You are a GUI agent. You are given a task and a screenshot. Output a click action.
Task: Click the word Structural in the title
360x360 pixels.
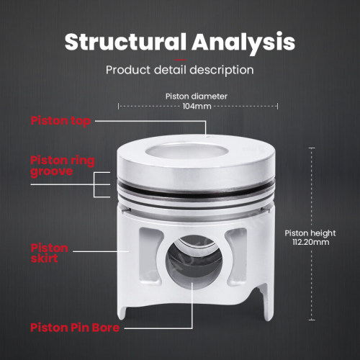click(x=125, y=42)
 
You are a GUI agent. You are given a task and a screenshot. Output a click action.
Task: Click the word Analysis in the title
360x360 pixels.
click(x=243, y=43)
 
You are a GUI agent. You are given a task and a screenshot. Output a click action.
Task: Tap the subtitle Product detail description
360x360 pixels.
click(x=180, y=70)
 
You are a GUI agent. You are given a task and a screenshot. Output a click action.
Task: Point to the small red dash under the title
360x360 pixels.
click(x=180, y=60)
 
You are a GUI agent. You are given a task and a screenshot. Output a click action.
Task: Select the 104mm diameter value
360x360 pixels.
click(x=197, y=106)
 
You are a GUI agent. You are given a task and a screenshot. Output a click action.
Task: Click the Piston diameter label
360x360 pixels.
click(x=197, y=96)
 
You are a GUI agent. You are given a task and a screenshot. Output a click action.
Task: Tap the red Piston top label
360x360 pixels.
click(x=60, y=121)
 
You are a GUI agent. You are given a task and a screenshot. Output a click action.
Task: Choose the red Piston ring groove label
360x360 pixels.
click(x=63, y=166)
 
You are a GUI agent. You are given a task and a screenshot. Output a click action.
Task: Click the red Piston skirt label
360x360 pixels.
click(x=49, y=253)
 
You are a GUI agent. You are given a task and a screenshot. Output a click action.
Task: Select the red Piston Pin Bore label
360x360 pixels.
click(x=75, y=328)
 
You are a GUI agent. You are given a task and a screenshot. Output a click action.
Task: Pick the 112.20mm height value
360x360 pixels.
click(x=311, y=242)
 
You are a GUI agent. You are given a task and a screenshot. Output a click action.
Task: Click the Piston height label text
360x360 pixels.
click(x=310, y=233)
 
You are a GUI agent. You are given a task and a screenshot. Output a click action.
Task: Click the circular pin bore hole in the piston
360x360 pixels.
click(x=194, y=261)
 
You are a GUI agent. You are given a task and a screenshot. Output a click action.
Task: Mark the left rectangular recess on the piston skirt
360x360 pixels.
click(x=150, y=256)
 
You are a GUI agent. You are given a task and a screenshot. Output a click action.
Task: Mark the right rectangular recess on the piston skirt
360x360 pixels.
click(x=236, y=257)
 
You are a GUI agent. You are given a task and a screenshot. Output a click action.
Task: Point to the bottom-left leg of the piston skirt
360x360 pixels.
click(x=122, y=311)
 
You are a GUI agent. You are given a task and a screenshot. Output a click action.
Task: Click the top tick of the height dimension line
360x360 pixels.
click(x=312, y=148)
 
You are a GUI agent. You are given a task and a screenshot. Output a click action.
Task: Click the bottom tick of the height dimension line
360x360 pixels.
click(x=312, y=320)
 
